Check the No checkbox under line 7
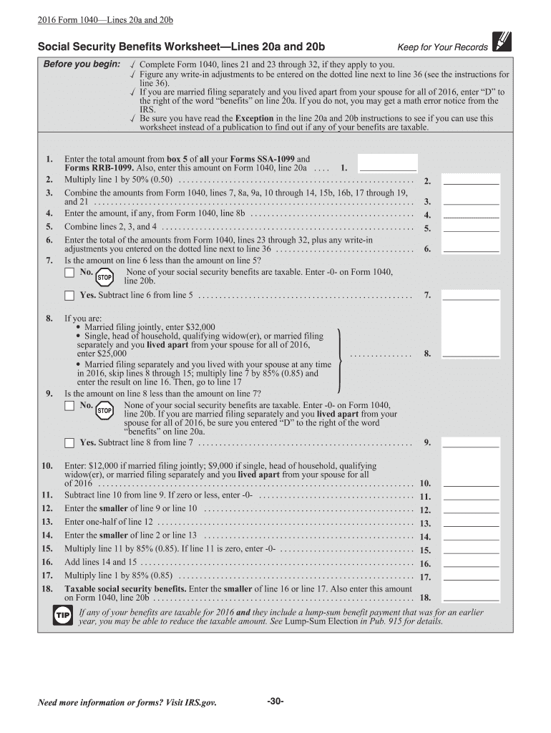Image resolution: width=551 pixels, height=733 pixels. pyautogui.click(x=69, y=273)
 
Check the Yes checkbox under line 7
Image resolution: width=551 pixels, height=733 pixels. pyautogui.click(x=69, y=295)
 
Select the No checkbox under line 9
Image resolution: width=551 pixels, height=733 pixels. pyautogui.click(x=69, y=405)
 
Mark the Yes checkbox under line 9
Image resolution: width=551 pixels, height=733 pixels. pyautogui.click(x=69, y=442)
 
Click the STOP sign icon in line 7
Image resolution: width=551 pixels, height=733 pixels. pyautogui.click(x=104, y=276)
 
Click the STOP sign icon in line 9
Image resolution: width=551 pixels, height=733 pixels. pyautogui.click(x=104, y=410)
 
